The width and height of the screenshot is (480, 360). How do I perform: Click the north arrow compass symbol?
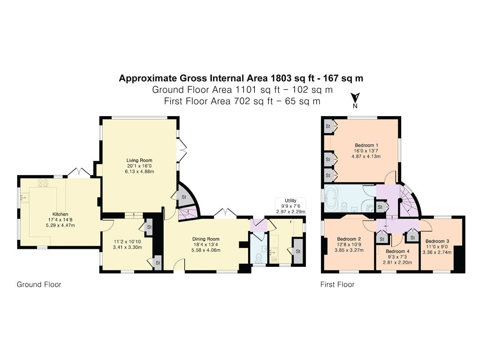click(355, 100)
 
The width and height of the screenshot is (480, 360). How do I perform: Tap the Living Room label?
click(139, 160)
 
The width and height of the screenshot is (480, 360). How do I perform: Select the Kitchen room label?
click(60, 214)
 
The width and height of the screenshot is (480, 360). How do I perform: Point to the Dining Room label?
click(206, 239)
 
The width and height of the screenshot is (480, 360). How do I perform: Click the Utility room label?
click(290, 201)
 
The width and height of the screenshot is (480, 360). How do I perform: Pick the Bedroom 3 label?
click(437, 241)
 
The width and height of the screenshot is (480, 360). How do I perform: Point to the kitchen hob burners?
click(43, 183)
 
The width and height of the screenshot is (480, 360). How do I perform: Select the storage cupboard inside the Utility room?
click(298, 251)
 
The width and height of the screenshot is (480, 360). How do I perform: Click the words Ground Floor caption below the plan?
click(39, 284)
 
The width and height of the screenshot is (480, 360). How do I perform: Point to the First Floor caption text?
click(337, 284)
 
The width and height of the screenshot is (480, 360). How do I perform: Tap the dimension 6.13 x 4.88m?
click(139, 171)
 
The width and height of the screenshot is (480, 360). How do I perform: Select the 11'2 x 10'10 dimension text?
click(127, 242)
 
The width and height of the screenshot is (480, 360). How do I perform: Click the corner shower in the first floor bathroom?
click(369, 207)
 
